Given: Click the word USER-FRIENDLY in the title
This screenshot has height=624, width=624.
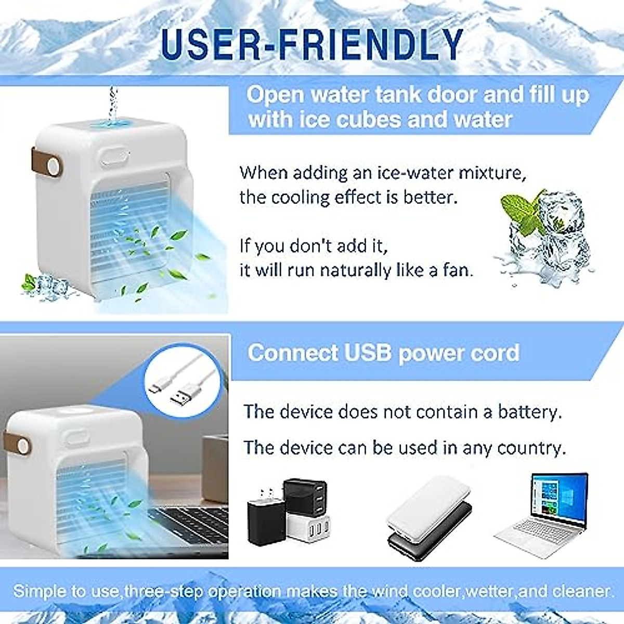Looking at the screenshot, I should click(312, 44).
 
